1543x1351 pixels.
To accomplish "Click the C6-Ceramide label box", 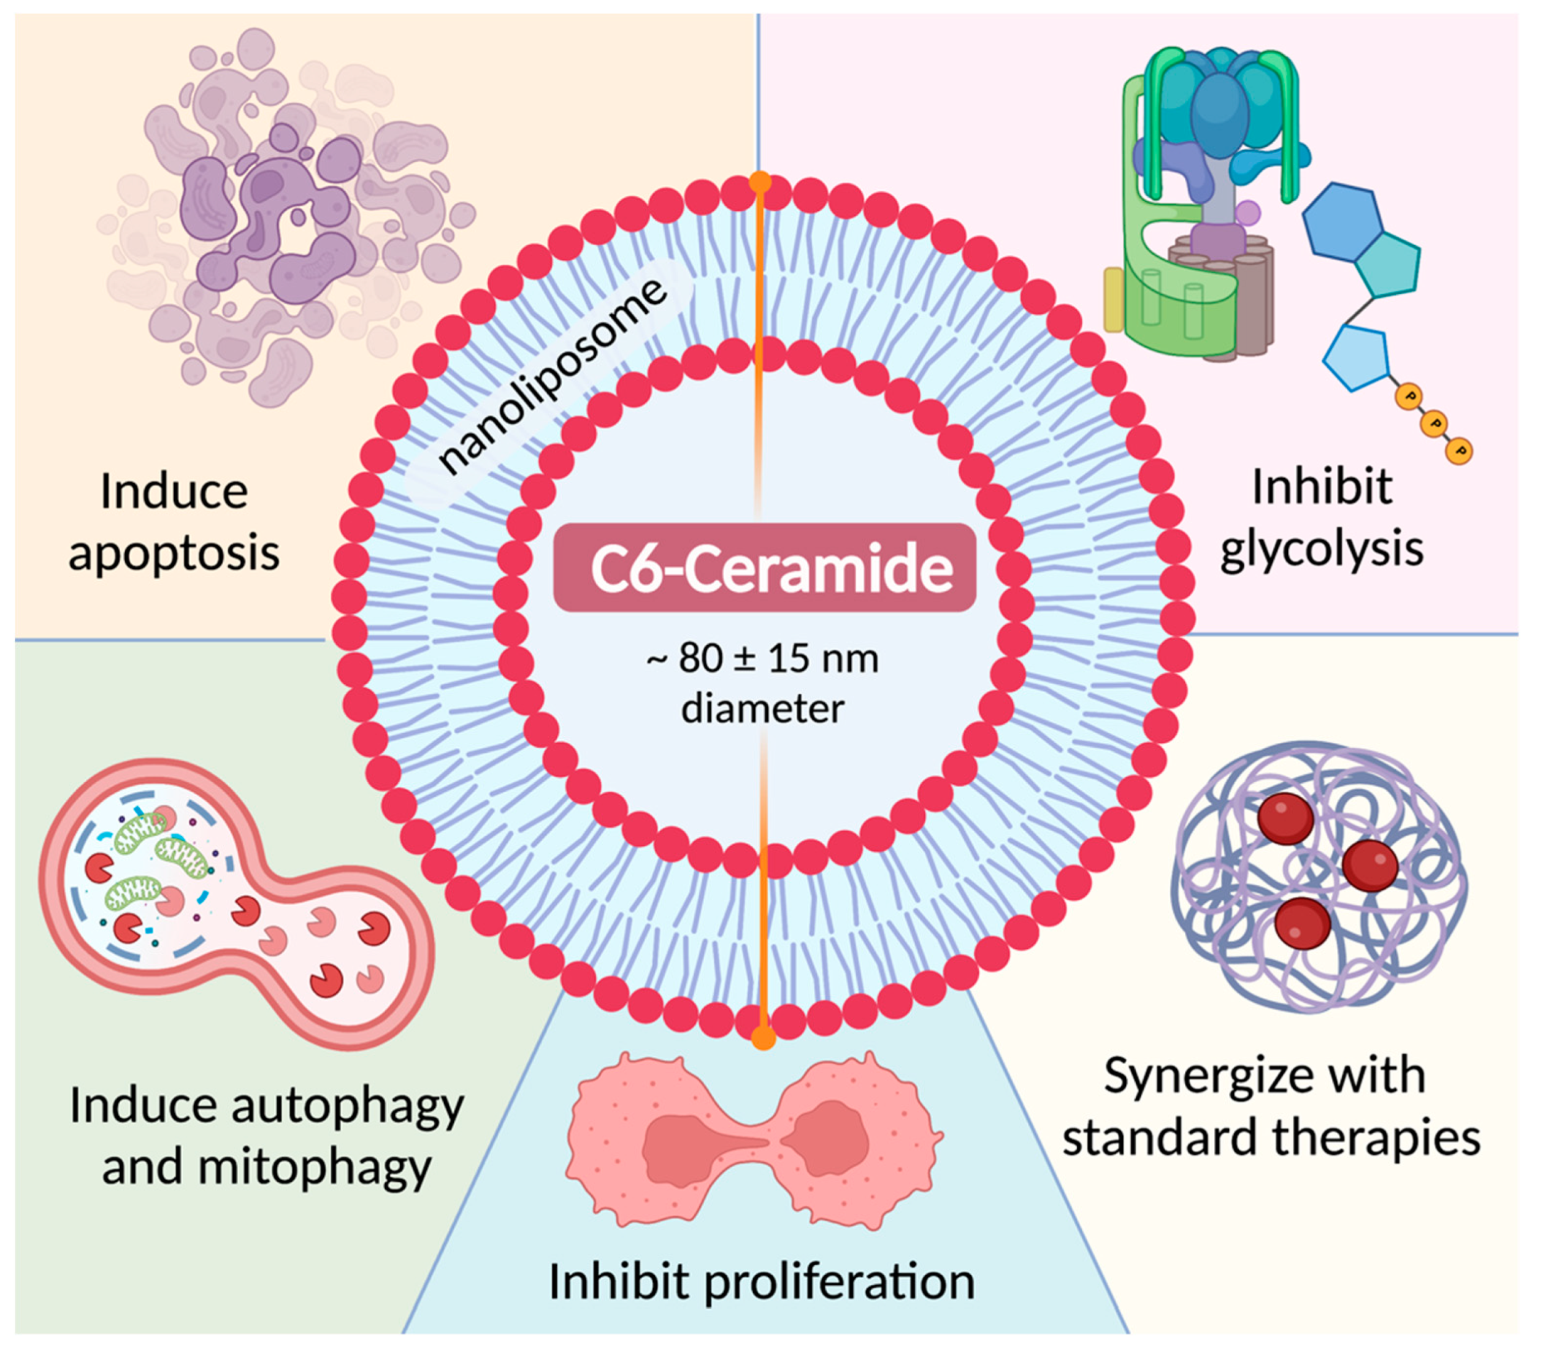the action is tap(764, 567).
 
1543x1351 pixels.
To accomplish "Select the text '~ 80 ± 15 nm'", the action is tap(762, 658).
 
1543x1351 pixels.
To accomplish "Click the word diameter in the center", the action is tap(762, 709).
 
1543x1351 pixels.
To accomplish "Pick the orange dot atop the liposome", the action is tap(760, 181).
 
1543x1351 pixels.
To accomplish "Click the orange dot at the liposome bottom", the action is tap(763, 1038).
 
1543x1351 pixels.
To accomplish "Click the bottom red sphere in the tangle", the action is tap(1303, 924).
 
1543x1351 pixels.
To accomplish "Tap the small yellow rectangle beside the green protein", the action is tap(1114, 299).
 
